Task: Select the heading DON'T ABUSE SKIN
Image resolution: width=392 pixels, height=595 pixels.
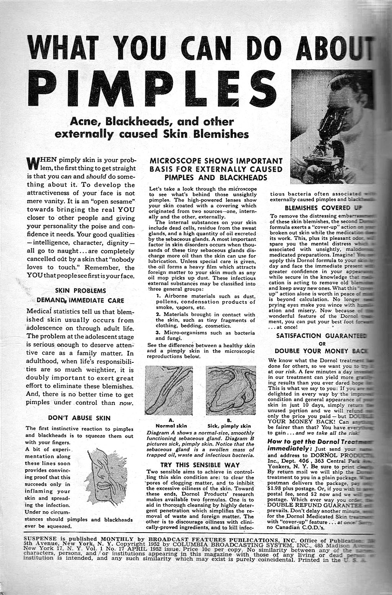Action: (79, 418)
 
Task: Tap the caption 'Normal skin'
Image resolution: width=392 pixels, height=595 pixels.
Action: (171, 426)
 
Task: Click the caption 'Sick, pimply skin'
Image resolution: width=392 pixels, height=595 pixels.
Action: (229, 426)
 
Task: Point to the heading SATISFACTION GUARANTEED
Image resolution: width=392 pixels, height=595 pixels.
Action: (321, 336)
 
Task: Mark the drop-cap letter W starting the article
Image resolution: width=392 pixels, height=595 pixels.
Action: (34, 163)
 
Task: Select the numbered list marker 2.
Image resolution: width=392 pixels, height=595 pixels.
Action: (158, 315)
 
